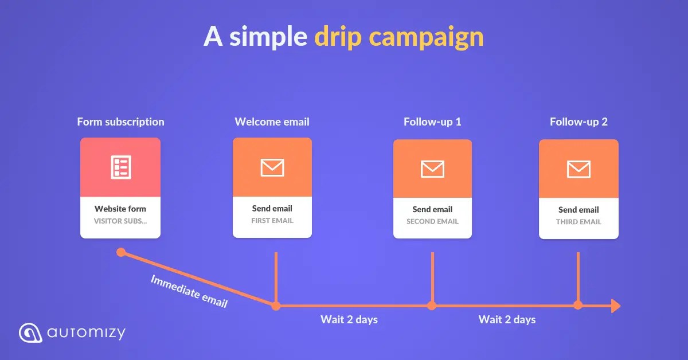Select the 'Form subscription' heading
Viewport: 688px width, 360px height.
pos(120,122)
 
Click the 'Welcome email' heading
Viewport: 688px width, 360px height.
pos(272,122)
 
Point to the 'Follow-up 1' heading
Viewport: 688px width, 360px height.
pos(432,122)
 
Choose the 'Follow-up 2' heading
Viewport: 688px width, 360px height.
pos(578,122)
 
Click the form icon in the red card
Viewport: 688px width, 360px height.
pos(120,167)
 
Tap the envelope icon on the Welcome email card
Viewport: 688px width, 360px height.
pos(272,167)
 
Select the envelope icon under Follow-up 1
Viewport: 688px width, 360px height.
pos(432,169)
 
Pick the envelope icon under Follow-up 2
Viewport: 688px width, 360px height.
pos(578,169)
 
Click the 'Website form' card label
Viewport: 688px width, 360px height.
pos(120,209)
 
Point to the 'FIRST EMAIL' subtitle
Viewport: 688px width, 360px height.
pos(272,220)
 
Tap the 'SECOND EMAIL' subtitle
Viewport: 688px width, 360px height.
pos(432,221)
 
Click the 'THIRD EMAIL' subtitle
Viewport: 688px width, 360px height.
pos(578,222)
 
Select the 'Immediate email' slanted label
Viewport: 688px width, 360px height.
pos(189,291)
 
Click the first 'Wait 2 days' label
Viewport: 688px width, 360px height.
pos(349,319)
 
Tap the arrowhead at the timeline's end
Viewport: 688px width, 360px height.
pos(616,306)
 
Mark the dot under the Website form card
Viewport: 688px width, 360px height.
pos(121,252)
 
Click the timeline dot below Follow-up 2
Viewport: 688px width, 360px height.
pos(578,305)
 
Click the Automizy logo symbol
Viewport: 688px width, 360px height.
pos(30,332)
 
